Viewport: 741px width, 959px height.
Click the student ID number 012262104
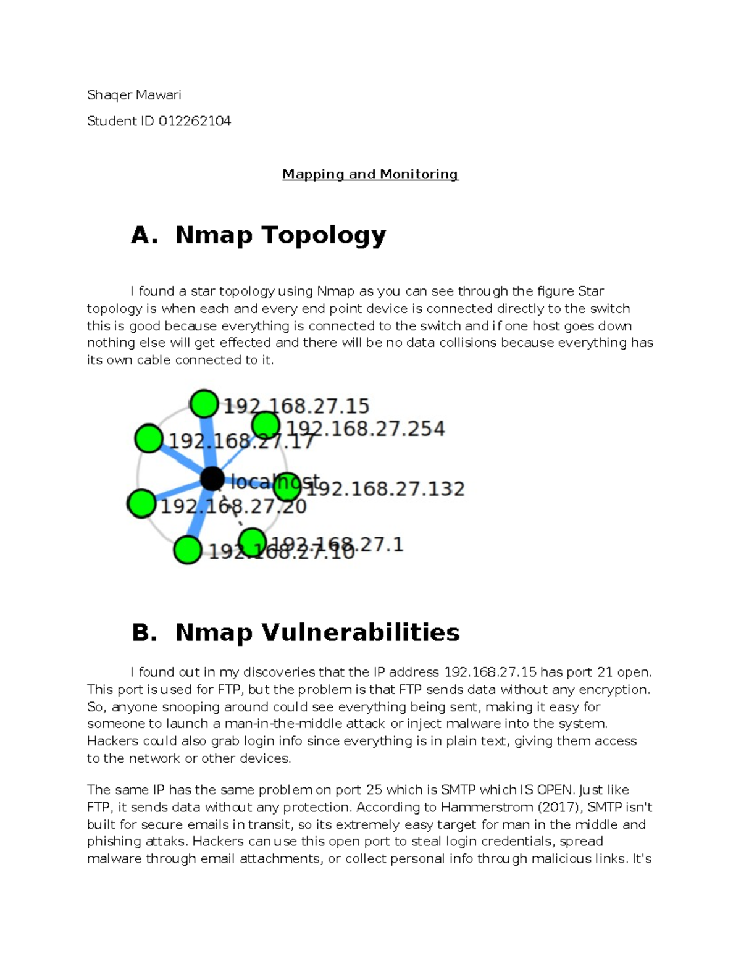pos(195,121)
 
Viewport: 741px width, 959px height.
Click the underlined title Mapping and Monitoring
pos(370,175)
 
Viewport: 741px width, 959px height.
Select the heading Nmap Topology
pos(280,235)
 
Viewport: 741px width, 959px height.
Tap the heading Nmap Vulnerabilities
pos(317,633)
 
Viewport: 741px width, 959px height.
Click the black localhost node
pos(212,479)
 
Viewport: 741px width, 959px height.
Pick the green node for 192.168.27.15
pos(204,404)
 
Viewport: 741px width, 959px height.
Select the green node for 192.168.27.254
pos(266,425)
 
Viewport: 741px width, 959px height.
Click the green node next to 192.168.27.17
pos(148,439)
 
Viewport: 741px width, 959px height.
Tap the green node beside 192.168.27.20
pos(142,503)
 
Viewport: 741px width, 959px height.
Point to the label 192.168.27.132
pos(386,489)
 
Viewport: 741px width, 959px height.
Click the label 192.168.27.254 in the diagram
pos(366,429)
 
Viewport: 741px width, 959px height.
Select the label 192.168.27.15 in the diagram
pos(296,406)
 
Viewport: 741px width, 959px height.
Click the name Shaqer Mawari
pos(134,95)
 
